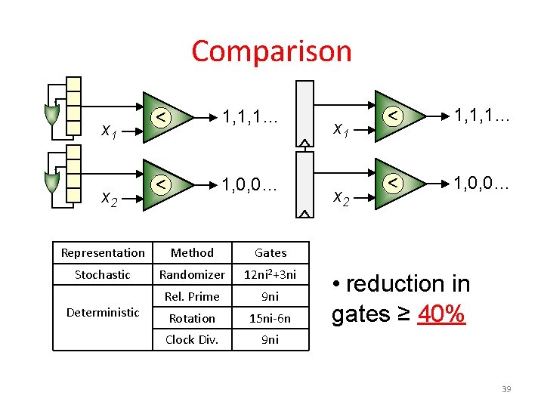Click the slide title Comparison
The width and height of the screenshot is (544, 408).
coord(271,51)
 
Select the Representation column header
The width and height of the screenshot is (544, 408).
coord(103,253)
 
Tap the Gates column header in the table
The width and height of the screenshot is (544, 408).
coord(270,253)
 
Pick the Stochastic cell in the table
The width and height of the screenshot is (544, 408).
coord(103,275)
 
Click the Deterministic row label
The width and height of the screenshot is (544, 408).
coord(103,312)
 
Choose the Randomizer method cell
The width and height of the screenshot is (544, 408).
coord(192,275)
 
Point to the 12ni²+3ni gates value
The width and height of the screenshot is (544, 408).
coord(270,275)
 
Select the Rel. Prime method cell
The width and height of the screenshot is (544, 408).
coord(192,297)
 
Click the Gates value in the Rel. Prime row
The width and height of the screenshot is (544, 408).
coord(270,297)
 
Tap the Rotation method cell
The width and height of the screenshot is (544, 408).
coord(192,319)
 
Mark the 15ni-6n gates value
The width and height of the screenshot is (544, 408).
coord(270,319)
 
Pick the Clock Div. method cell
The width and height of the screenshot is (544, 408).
coord(192,340)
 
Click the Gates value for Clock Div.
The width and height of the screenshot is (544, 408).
coord(270,340)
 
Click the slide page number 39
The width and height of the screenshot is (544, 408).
coord(506,389)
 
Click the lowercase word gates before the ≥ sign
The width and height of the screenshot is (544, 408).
coord(360,313)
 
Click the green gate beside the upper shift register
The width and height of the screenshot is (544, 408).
coord(51,114)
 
